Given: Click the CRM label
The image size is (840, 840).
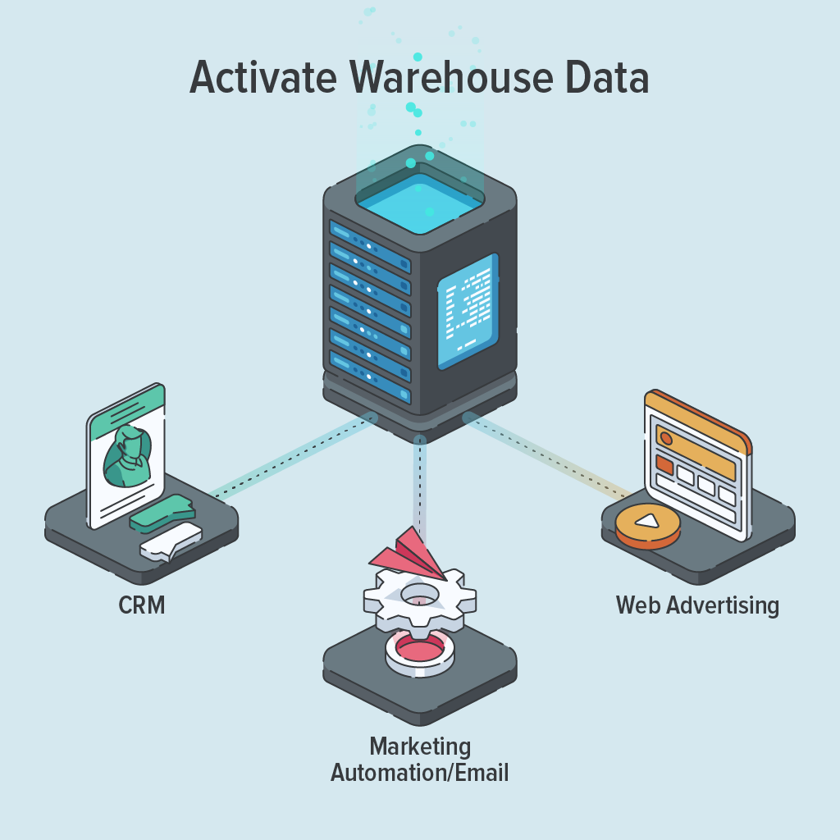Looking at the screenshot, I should [142, 605].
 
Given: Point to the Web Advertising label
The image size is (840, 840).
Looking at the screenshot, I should [697, 605].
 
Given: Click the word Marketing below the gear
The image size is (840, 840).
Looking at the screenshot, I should [420, 746].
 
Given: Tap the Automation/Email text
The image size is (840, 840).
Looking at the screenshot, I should [420, 772].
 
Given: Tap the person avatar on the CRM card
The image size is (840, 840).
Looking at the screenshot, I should [127, 455].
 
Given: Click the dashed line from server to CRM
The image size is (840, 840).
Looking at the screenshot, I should [287, 459].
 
